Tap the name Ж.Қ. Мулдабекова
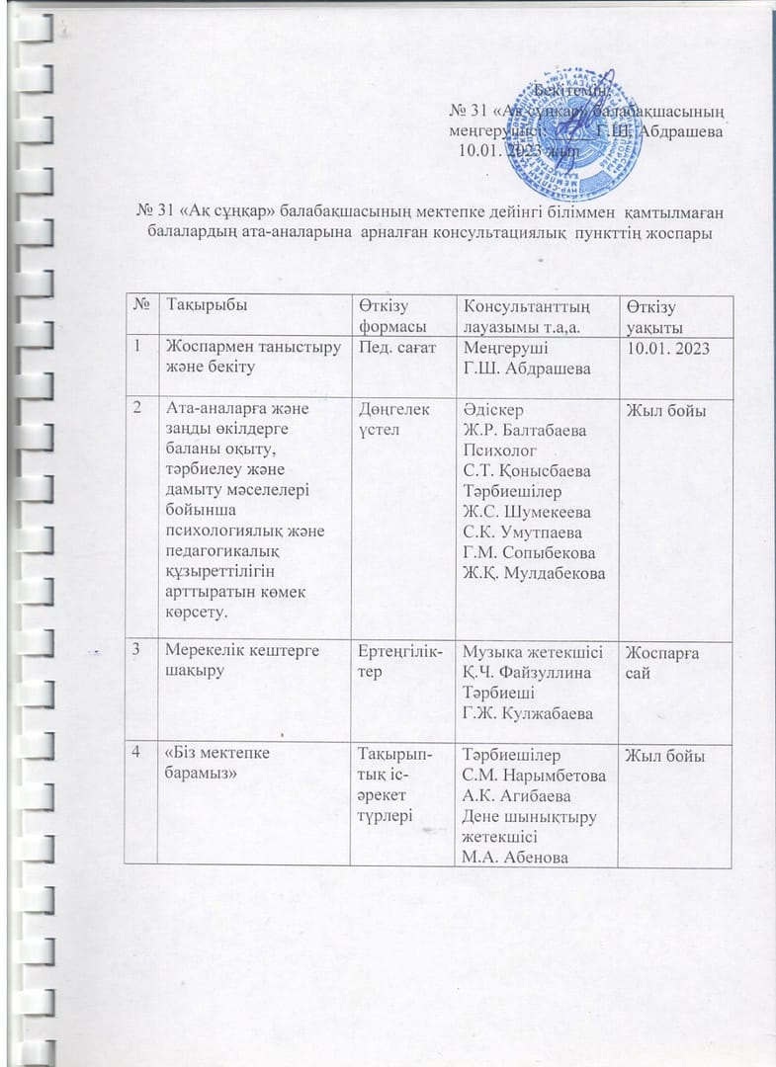(x=532, y=574)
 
